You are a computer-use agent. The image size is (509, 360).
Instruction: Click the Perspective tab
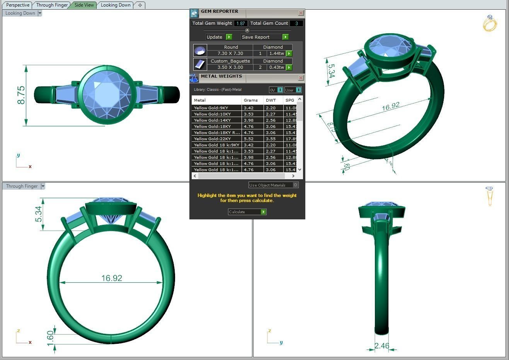(18, 5)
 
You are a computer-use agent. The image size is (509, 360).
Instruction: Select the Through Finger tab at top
(52, 5)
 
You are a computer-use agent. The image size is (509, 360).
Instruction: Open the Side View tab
(84, 5)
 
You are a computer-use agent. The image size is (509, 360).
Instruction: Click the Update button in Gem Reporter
(218, 37)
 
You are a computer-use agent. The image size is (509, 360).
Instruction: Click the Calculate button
(247, 212)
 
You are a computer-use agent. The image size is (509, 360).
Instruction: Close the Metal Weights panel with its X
(301, 78)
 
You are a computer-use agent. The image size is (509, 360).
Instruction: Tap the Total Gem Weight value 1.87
(240, 23)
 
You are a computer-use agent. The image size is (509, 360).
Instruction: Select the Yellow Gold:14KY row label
(212, 120)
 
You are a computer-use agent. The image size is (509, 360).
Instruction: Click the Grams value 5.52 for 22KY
(249, 139)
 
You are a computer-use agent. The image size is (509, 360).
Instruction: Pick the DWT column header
(271, 100)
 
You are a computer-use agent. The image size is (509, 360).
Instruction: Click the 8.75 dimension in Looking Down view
(21, 95)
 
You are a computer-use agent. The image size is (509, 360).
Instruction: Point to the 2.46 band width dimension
(381, 346)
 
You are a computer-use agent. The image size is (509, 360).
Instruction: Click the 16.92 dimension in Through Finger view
(112, 278)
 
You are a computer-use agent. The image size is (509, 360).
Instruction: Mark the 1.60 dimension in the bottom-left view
(50, 338)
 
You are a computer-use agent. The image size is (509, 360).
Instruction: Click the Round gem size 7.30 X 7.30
(230, 53)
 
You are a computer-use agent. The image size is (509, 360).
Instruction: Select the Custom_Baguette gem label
(230, 61)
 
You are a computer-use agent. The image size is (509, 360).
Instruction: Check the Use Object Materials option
(296, 185)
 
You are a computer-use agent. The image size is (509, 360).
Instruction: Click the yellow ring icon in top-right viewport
(489, 24)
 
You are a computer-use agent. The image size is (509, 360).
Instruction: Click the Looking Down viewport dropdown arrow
(40, 13)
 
